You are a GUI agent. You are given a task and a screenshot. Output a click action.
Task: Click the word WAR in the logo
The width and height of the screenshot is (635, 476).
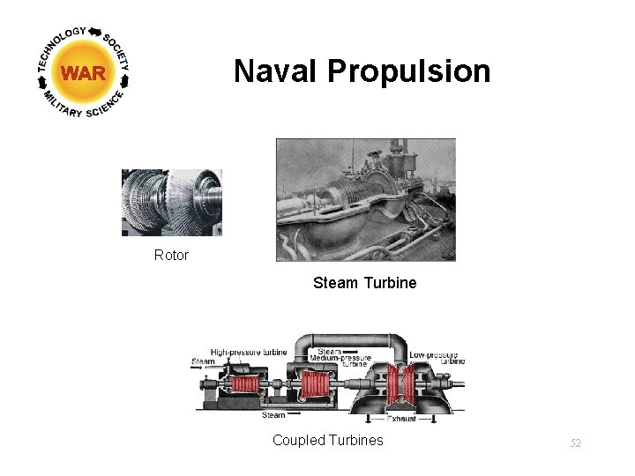[84, 74]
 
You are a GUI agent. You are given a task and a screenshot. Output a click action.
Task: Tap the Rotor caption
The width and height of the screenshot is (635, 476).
[171, 256]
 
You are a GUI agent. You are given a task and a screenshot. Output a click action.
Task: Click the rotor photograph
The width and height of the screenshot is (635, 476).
[171, 202]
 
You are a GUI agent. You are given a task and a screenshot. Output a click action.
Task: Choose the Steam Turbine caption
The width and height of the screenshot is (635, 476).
[364, 283]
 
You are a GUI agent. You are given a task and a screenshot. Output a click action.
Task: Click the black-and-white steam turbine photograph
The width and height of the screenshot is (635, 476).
[365, 199]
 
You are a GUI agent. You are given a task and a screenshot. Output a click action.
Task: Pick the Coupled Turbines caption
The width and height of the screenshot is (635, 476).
[327, 440]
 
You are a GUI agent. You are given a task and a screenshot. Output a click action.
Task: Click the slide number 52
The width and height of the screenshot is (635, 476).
[575, 443]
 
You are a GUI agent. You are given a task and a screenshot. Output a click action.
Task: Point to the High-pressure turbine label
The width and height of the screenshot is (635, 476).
[249, 353]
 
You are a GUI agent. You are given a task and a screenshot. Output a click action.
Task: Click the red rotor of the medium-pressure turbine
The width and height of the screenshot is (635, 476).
[316, 384]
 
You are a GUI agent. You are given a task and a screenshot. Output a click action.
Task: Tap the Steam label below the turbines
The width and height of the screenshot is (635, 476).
[273, 414]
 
